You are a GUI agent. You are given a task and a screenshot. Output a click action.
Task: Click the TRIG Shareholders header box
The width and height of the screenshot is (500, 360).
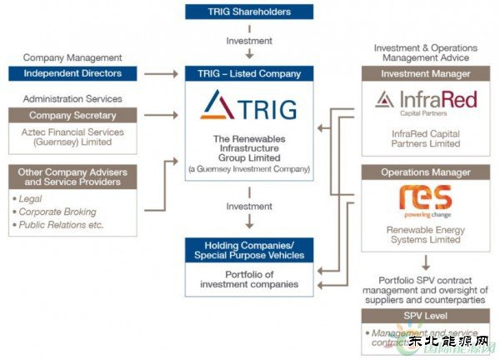point(249,12)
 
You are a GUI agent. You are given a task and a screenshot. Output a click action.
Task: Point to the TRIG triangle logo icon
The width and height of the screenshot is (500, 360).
point(217,105)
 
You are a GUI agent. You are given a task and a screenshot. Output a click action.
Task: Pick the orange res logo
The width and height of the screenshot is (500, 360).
point(425,199)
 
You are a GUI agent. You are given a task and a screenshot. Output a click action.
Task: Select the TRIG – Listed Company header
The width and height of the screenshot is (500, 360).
point(249,73)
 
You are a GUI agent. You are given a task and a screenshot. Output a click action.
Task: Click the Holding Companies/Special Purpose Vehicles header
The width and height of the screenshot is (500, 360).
point(249,250)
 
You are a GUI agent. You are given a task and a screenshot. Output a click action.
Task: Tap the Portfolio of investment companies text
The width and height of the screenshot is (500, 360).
point(249,280)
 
